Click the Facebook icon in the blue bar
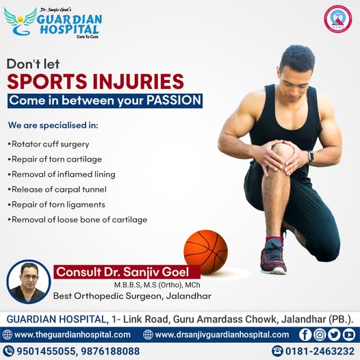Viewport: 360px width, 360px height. click(x=305, y=335)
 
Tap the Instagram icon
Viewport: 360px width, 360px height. click(x=320, y=335)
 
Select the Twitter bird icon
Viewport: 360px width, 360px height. click(x=334, y=335)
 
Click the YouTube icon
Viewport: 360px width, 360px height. click(x=349, y=335)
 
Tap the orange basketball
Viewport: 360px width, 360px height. click(x=206, y=252)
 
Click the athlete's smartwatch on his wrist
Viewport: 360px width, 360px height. click(x=311, y=157)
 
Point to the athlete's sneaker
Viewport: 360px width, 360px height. click(x=273, y=258)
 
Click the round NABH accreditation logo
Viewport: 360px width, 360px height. click(x=337, y=19)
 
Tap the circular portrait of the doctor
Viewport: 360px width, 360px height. click(x=29, y=281)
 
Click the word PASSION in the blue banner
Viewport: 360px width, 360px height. click(x=174, y=101)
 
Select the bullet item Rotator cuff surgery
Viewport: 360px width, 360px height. click(x=49, y=144)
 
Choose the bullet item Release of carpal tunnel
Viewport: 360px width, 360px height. click(x=57, y=190)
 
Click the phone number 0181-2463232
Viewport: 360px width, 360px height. click(x=320, y=351)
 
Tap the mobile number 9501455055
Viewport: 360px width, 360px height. click(x=46, y=351)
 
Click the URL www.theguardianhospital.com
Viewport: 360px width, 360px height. click(x=73, y=335)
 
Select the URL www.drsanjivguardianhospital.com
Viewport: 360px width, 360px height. click(x=222, y=335)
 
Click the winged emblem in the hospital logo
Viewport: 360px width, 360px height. click(x=21, y=22)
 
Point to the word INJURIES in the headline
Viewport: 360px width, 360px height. click(x=138, y=81)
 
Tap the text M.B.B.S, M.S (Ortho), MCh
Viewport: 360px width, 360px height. click(x=157, y=285)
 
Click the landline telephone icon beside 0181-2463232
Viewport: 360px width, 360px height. click(x=277, y=351)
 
